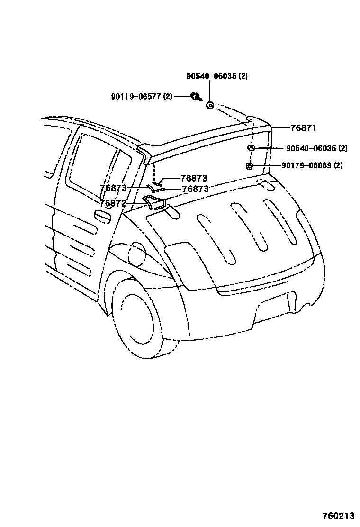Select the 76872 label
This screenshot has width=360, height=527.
[113, 203]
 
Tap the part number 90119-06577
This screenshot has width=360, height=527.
[135, 97]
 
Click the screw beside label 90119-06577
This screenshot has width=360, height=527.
[195, 97]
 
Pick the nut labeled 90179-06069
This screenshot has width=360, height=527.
[249, 165]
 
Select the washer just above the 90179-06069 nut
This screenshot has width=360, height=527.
[252, 149]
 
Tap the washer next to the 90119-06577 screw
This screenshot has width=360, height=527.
[210, 105]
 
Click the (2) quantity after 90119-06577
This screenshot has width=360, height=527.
[168, 97]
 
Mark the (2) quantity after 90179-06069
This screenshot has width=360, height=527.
[338, 165]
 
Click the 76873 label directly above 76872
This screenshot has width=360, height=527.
[113, 188]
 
